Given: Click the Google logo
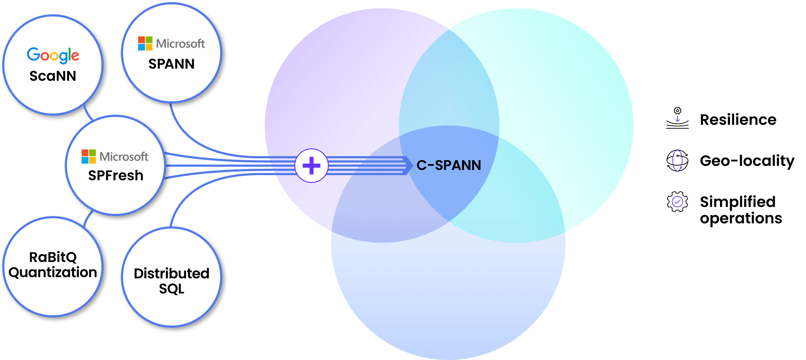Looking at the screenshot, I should click(53, 55).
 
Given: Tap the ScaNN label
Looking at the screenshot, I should click(53, 76).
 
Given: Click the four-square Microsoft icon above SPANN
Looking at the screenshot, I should click(145, 44).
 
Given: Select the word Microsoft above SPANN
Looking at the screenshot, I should click(181, 44).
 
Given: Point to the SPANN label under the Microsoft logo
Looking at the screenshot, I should click(171, 64).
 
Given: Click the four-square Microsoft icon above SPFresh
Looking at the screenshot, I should click(88, 157).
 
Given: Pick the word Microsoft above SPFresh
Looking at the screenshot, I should click(124, 157).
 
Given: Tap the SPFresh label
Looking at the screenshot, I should click(116, 176).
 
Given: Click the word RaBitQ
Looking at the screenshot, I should click(53, 257).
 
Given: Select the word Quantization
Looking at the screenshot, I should click(53, 272).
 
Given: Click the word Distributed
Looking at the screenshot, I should click(172, 274).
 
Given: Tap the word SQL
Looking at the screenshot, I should click(172, 289).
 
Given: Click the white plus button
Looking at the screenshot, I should click(311, 165).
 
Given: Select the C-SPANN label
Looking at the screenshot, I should click(449, 165).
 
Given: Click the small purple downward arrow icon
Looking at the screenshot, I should click(678, 119).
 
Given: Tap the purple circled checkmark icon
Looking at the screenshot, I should click(677, 201).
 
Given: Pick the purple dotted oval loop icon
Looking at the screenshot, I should click(677, 160).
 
